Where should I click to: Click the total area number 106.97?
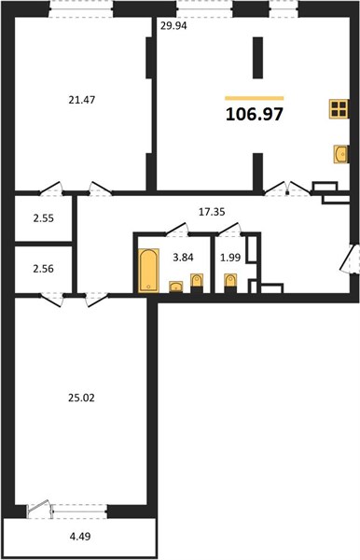255,114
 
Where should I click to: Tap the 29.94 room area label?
173,26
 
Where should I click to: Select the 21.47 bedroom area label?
82,100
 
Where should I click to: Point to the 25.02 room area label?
81,398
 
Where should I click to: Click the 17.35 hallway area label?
212,212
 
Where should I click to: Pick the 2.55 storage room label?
44,218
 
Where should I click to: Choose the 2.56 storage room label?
44,269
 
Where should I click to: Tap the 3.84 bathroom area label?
183,258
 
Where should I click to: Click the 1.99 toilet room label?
230,258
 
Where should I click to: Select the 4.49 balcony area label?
80,536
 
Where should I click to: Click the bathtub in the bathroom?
147,271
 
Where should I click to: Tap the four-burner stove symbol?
339,109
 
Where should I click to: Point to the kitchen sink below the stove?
341,154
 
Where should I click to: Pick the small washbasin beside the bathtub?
175,287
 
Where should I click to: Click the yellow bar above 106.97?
255,98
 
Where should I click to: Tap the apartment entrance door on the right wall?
348,259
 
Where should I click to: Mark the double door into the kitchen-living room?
287,189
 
